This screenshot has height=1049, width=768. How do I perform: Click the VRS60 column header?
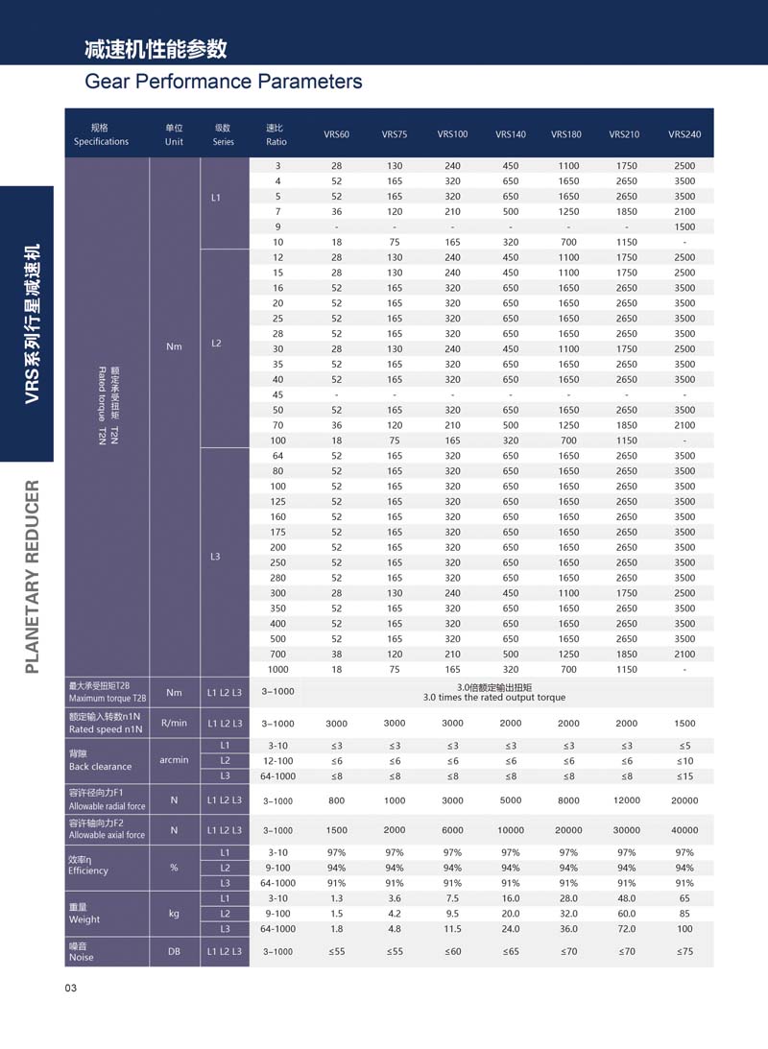click(x=336, y=134)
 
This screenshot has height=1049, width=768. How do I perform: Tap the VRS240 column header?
click(x=684, y=134)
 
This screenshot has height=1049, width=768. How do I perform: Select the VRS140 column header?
click(x=510, y=134)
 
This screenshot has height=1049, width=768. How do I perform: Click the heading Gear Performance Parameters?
click(x=224, y=82)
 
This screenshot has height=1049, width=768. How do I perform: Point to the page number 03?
click(x=70, y=989)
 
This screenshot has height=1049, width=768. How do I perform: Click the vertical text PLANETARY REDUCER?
click(x=32, y=576)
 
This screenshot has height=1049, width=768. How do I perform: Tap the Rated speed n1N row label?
click(x=106, y=729)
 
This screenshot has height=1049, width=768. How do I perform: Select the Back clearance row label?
click(x=100, y=766)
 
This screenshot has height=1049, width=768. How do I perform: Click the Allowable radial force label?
click(x=107, y=806)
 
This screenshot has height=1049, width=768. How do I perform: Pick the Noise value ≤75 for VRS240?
click(x=684, y=951)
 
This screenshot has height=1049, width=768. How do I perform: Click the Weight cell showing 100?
click(x=684, y=929)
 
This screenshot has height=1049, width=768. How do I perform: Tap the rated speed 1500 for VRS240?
click(x=684, y=724)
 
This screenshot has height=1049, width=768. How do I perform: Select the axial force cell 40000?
click(x=684, y=830)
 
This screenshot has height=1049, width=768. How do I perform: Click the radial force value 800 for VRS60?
click(x=336, y=799)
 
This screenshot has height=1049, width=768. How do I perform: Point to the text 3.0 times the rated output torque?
click(x=494, y=698)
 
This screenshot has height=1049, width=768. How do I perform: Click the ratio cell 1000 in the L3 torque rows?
click(x=277, y=669)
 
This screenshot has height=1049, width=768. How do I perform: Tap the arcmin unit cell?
click(x=174, y=760)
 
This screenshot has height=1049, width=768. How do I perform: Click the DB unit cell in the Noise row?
click(x=174, y=951)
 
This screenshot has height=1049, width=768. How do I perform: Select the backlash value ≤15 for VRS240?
click(x=684, y=775)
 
